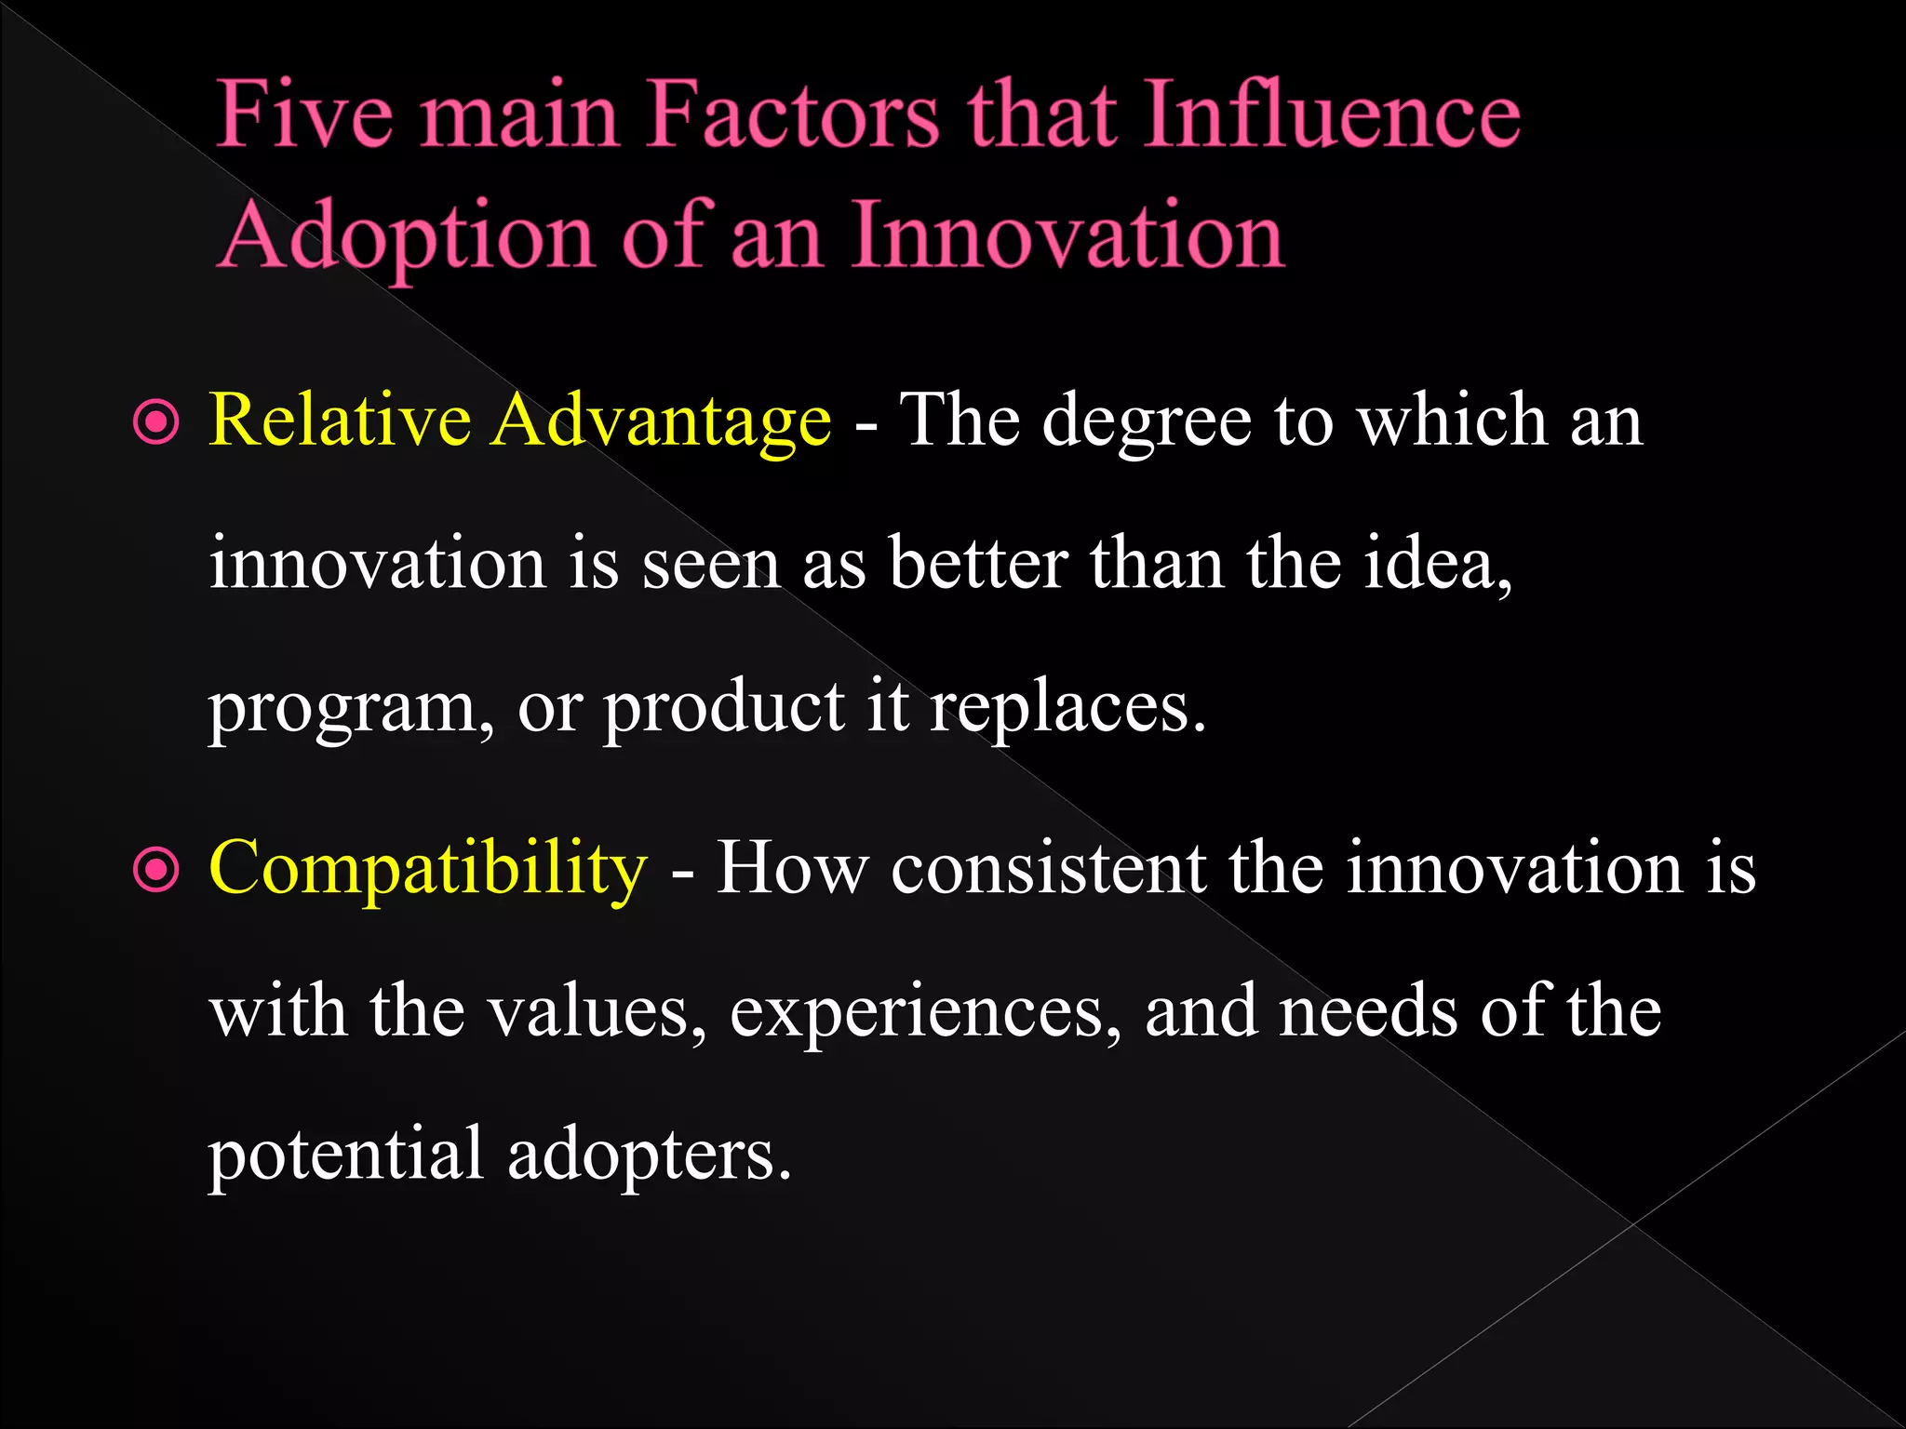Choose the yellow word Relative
pyautogui.click(x=340, y=421)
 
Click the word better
pyautogui.click(x=978, y=564)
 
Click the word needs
pyautogui.click(x=1367, y=1012)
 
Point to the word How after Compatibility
pyautogui.click(x=790, y=869)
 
